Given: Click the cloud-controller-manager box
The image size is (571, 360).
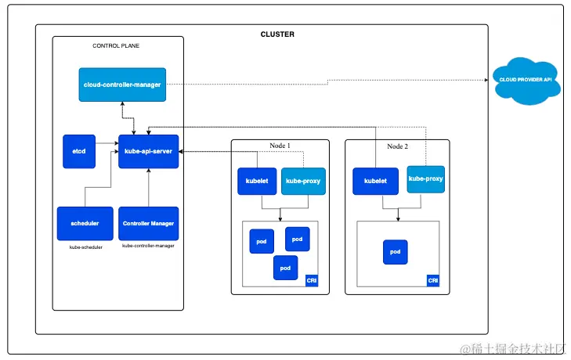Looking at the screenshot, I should [124, 85].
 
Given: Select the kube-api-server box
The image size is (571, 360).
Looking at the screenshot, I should [149, 151].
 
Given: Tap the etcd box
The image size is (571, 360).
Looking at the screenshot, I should [79, 151].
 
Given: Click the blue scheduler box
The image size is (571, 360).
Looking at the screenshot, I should [85, 223].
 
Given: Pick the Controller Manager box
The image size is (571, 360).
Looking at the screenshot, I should [148, 223].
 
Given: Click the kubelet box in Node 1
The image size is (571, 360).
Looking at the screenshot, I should [258, 181].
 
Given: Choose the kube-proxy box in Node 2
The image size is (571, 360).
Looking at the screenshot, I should [425, 178].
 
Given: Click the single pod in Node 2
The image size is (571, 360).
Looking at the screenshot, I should [396, 252].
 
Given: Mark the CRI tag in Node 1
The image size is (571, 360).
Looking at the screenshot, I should [311, 280].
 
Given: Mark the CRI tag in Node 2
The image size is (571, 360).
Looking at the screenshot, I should [432, 280].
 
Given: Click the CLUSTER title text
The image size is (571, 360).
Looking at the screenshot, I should [277, 34].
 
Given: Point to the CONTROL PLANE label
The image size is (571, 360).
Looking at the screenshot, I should [117, 46].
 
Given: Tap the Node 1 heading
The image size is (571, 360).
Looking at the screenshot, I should [279, 146].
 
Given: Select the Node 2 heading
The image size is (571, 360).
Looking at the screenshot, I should [397, 146].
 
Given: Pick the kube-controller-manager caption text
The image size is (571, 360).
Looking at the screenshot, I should [148, 246].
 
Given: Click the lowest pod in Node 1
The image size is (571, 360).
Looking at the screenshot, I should [286, 267].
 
